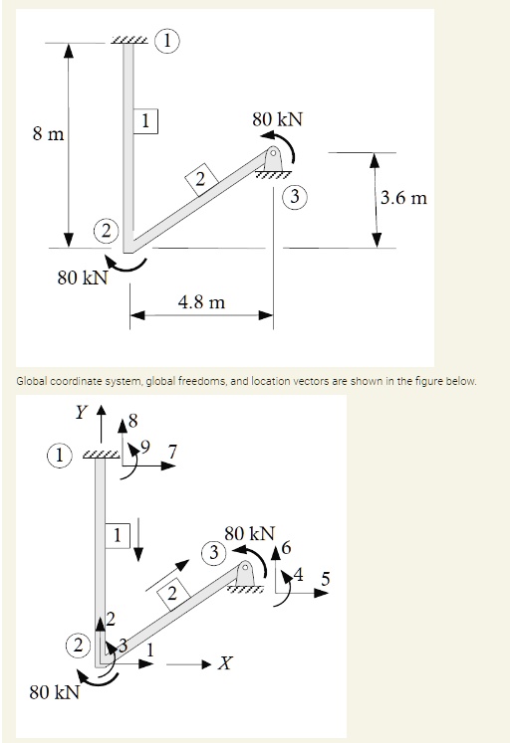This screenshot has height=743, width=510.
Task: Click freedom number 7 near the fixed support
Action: click(173, 454)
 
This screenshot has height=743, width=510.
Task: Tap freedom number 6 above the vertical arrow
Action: click(290, 546)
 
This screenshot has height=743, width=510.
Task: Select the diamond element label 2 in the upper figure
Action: click(200, 179)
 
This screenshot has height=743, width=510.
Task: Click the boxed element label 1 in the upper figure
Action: click(146, 121)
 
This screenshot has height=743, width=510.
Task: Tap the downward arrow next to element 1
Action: click(140, 536)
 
